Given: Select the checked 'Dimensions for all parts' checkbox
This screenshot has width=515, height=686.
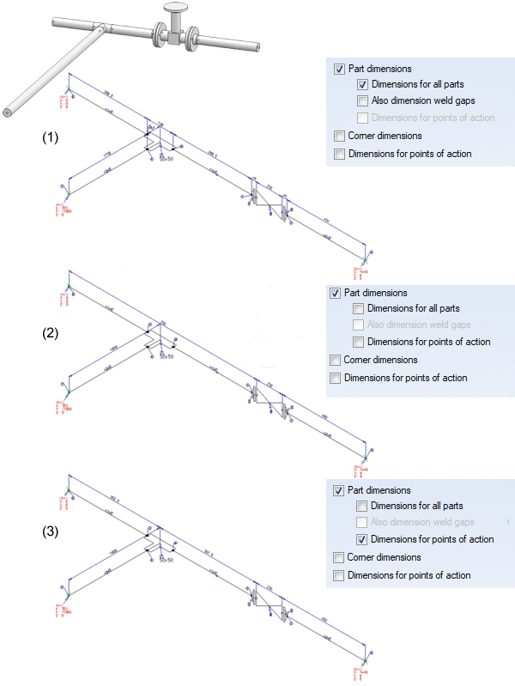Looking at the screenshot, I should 363,84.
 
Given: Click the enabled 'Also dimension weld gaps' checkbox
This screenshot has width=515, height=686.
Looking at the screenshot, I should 363,100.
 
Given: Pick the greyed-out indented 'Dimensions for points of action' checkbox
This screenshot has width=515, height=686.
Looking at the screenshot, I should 363,117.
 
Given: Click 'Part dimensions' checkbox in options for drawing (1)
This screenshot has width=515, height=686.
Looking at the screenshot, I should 341,69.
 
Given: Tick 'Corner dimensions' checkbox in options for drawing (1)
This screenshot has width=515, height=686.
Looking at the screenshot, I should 341,136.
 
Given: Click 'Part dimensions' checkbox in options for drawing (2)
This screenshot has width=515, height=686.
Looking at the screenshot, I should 336,293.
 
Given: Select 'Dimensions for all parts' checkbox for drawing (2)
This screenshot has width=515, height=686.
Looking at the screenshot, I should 358,308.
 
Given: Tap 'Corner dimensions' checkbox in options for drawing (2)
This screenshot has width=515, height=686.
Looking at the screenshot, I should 336,360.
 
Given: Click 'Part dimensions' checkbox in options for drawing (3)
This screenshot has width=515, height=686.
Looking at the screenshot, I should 337,490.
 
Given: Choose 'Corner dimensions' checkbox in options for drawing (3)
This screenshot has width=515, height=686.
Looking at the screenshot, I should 337,557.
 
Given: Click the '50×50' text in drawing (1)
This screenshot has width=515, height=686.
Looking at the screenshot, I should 165,159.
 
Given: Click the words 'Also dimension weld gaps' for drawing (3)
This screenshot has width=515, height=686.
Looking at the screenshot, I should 421,522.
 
